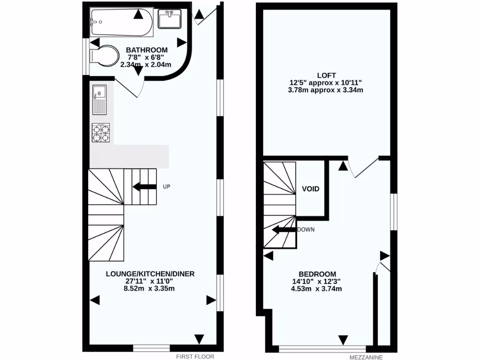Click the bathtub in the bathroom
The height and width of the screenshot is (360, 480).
pyautogui.click(x=121, y=22)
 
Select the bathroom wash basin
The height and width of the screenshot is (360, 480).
pyautogui.click(x=169, y=19)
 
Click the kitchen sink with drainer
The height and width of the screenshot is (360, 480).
pyautogui.click(x=99, y=99)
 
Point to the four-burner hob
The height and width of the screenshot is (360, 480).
pyautogui.click(x=100, y=132)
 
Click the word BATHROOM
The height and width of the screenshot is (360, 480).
pyautogui.click(x=147, y=50)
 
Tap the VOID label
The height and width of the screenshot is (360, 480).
pyautogui.click(x=310, y=189)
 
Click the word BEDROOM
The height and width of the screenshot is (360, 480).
pyautogui.click(x=317, y=274)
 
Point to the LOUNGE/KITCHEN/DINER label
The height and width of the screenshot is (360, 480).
pyautogui.click(x=150, y=274)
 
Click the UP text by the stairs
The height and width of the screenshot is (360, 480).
pyautogui.click(x=166, y=187)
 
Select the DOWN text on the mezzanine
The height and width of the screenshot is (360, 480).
pyautogui.click(x=306, y=230)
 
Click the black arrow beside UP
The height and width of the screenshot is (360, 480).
pyautogui.click(x=144, y=187)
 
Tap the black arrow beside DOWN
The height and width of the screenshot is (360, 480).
pyautogui.click(x=284, y=230)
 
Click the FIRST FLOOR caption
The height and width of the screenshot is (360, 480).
pyautogui.click(x=192, y=357)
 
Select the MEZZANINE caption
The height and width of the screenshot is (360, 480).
pyautogui.click(x=366, y=357)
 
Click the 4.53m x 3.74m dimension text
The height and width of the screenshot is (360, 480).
pyautogui.click(x=316, y=289)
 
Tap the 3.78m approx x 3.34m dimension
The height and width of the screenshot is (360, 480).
pyautogui.click(x=326, y=90)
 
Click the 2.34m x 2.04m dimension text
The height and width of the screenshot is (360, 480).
pyautogui.click(x=146, y=65)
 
